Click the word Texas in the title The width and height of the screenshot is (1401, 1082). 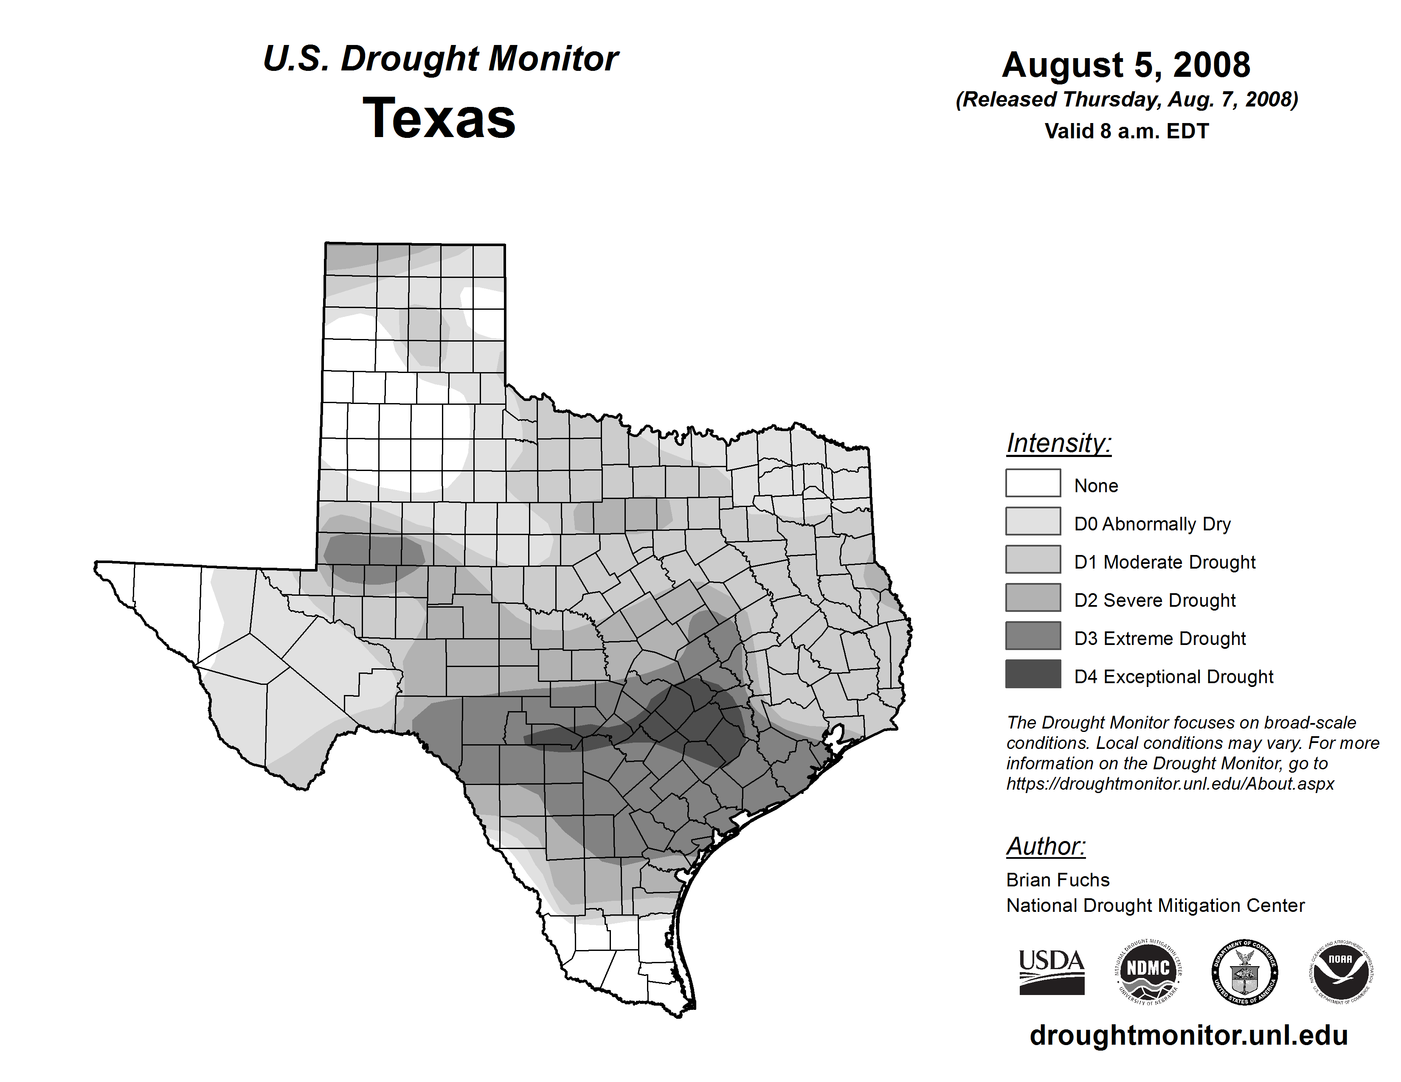pos(439,118)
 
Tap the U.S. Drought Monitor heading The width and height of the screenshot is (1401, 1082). pos(441,59)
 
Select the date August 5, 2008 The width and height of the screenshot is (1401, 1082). pos(1126,65)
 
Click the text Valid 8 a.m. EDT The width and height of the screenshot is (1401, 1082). pos(1126,132)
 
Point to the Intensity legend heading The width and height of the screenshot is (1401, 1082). pos(1058,443)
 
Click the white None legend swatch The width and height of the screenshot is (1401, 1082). pos(1033,483)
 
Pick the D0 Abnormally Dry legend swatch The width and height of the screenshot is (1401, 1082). pos(1033,521)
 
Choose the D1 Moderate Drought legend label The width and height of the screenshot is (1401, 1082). pos(1164,562)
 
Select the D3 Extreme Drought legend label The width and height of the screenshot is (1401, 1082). pos(1160,639)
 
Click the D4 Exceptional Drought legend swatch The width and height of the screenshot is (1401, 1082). pos(1033,674)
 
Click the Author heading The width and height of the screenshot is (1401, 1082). pos(1046,846)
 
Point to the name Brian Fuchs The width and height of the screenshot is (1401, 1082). pos(1058,880)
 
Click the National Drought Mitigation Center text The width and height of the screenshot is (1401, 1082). pos(1155,906)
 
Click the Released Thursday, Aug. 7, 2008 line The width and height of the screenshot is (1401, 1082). pos(1126,100)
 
